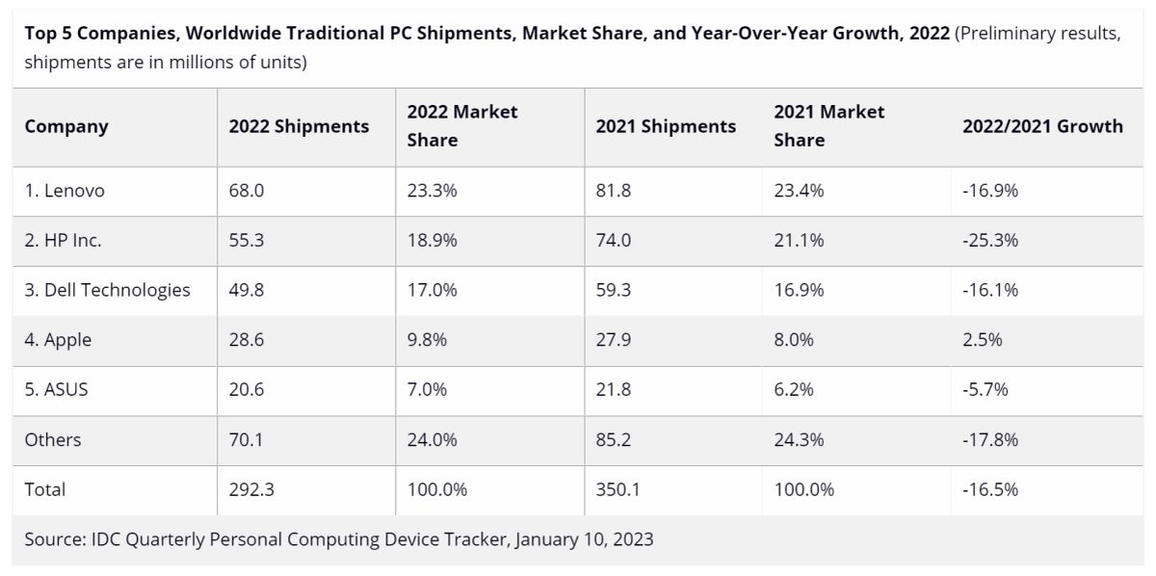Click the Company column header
(66, 126)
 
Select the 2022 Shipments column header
(299, 126)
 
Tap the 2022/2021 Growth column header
(1042, 126)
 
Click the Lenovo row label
(65, 191)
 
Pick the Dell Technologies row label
(107, 290)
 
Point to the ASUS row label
(57, 389)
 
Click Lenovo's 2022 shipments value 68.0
(247, 191)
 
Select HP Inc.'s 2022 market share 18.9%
(433, 241)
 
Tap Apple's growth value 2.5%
(983, 340)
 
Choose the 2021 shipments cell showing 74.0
(614, 241)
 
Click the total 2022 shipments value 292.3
(251, 489)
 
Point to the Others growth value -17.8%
(990, 439)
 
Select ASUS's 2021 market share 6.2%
(794, 389)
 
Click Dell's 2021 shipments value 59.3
(614, 290)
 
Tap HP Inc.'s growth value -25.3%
(990, 241)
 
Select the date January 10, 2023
(584, 539)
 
